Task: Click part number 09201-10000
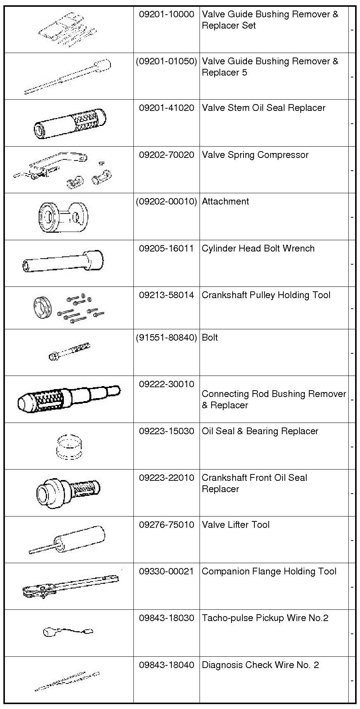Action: (x=166, y=15)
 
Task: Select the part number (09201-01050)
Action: (x=166, y=61)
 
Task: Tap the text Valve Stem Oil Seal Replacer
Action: (x=263, y=108)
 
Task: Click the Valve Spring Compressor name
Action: (x=255, y=155)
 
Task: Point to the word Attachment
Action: (x=225, y=201)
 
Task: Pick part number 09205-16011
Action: (x=166, y=248)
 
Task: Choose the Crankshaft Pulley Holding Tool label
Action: (x=266, y=295)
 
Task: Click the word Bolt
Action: (x=210, y=338)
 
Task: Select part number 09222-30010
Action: (x=166, y=384)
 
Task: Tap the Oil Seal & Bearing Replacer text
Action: (x=260, y=431)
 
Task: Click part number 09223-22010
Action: (x=166, y=478)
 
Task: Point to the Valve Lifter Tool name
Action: (x=236, y=525)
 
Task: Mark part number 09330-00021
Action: (x=166, y=571)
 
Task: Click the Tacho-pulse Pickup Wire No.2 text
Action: (x=265, y=618)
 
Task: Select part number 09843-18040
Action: (x=166, y=665)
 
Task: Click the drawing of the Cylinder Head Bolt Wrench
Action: (x=63, y=262)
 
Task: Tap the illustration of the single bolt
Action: (x=69, y=351)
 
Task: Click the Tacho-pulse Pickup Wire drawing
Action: (x=68, y=631)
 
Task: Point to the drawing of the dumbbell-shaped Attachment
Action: (x=63, y=216)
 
